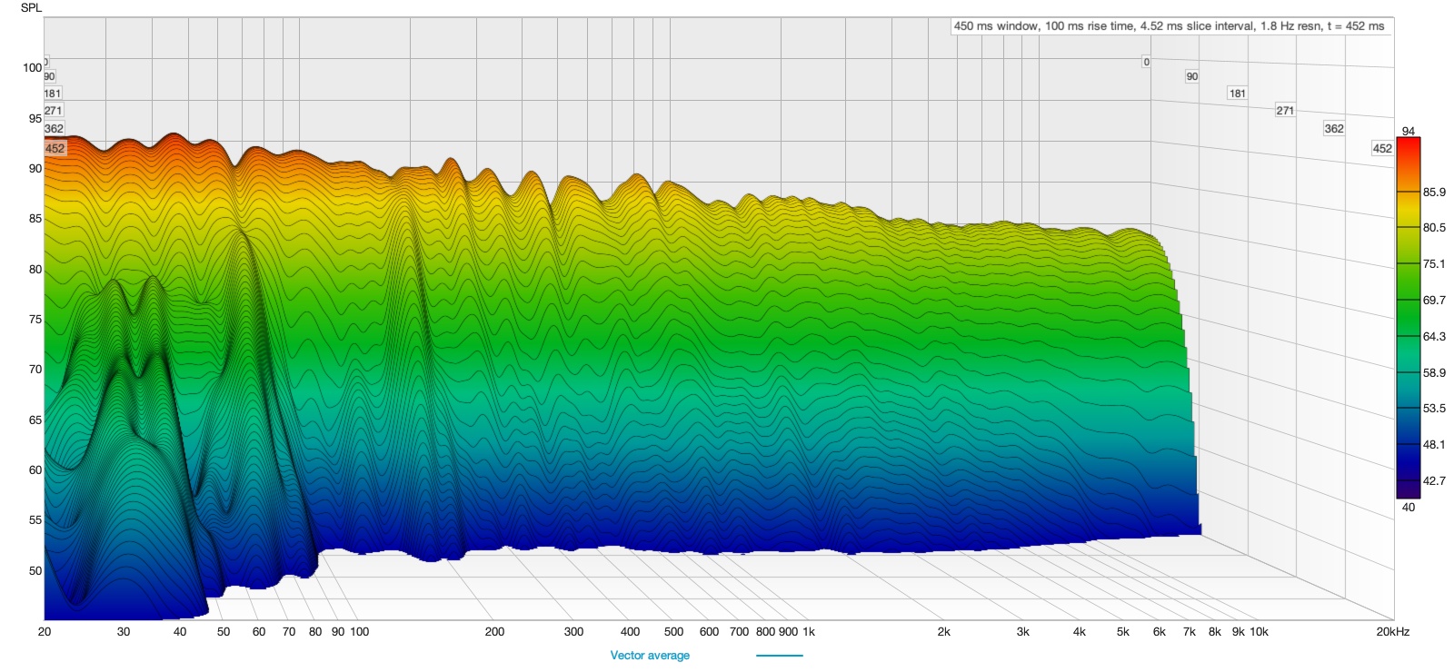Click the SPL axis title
click(x=31, y=8)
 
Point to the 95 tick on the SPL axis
click(x=35, y=118)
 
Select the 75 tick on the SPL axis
click(x=35, y=320)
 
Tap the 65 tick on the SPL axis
click(x=35, y=420)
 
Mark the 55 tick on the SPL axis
click(x=35, y=520)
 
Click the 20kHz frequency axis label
click(x=1392, y=632)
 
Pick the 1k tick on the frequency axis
click(x=809, y=632)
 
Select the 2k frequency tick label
click(x=944, y=632)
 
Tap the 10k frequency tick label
click(x=1259, y=632)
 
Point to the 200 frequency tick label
click(x=494, y=632)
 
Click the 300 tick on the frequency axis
click(x=573, y=632)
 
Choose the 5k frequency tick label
click(x=1123, y=632)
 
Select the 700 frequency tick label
click(x=739, y=632)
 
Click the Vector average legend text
click(x=650, y=656)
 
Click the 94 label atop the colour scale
click(x=1408, y=132)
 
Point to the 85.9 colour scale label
click(x=1433, y=193)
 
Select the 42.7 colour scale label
click(x=1433, y=481)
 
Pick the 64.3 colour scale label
click(x=1433, y=337)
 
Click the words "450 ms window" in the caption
click(x=994, y=26)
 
